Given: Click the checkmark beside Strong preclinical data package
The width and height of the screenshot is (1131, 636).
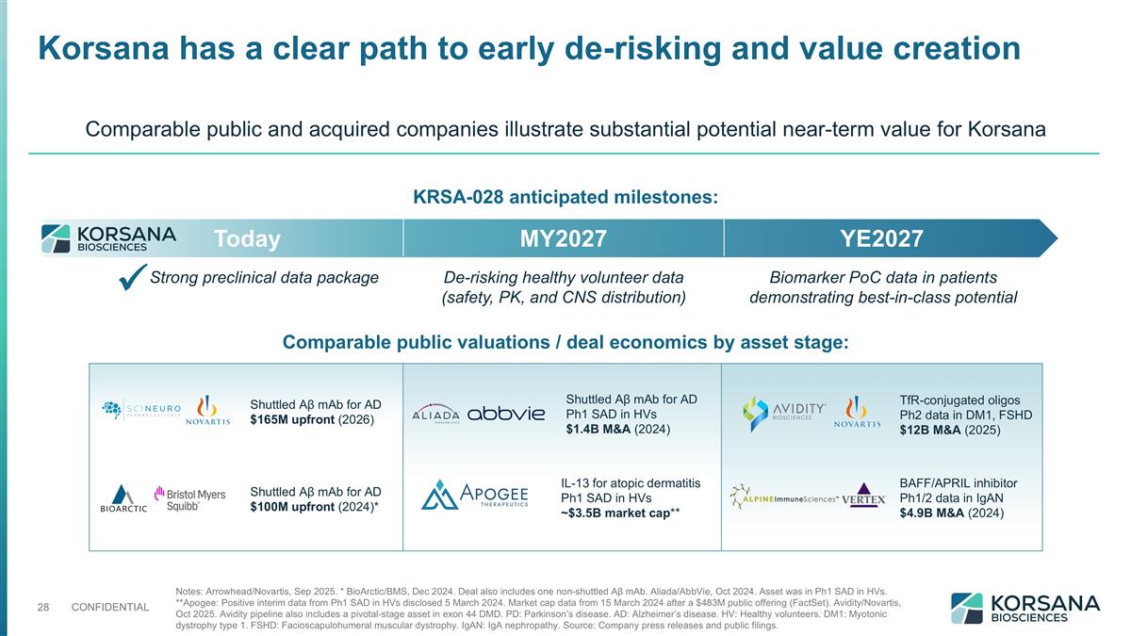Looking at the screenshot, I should point(134,279).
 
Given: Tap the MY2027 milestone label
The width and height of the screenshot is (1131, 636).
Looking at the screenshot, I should point(563,239).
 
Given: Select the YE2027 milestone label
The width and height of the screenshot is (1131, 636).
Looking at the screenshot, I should point(882,239).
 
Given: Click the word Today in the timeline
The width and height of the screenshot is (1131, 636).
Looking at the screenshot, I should point(247,239).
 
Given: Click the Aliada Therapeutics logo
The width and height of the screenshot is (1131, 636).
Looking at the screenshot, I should point(436,416).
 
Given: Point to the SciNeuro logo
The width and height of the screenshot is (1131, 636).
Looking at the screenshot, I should point(140,409).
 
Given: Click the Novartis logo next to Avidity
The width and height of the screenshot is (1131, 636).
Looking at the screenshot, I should point(857,413).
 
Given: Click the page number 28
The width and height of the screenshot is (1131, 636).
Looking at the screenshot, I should point(42,606).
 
